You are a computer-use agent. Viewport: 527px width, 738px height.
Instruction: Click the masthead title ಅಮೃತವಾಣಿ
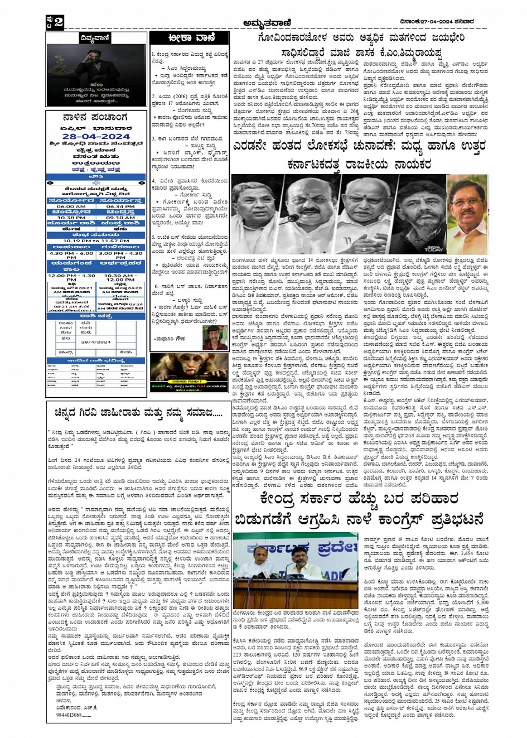265,22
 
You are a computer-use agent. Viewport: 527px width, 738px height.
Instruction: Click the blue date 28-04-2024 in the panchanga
95,137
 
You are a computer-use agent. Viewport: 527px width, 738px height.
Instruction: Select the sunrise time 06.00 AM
71,206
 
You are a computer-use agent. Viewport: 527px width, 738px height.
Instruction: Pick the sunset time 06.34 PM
120,206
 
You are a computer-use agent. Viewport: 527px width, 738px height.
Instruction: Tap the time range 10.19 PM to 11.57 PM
96,240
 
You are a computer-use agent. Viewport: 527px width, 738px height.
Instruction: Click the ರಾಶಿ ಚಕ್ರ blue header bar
96,316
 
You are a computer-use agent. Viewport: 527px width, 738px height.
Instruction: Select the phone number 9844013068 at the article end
70,715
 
